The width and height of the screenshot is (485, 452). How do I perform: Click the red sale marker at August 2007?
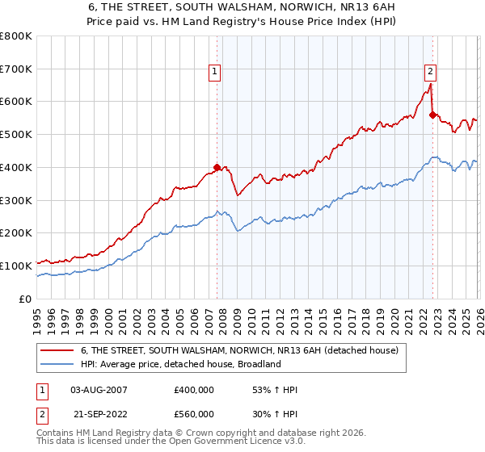pos(217,168)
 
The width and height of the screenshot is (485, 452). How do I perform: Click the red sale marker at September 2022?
pos(432,115)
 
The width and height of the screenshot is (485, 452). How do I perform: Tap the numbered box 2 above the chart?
pos(431,71)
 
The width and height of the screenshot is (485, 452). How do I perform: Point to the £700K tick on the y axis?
pos(17,69)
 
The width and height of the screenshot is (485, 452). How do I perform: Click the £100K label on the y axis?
pos(17,266)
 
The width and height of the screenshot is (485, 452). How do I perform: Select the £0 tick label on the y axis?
pos(26,299)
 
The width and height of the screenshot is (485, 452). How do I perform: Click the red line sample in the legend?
pos(57,351)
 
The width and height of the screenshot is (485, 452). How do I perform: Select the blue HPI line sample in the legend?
pos(57,365)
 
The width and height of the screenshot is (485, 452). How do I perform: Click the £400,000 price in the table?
pos(194,390)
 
